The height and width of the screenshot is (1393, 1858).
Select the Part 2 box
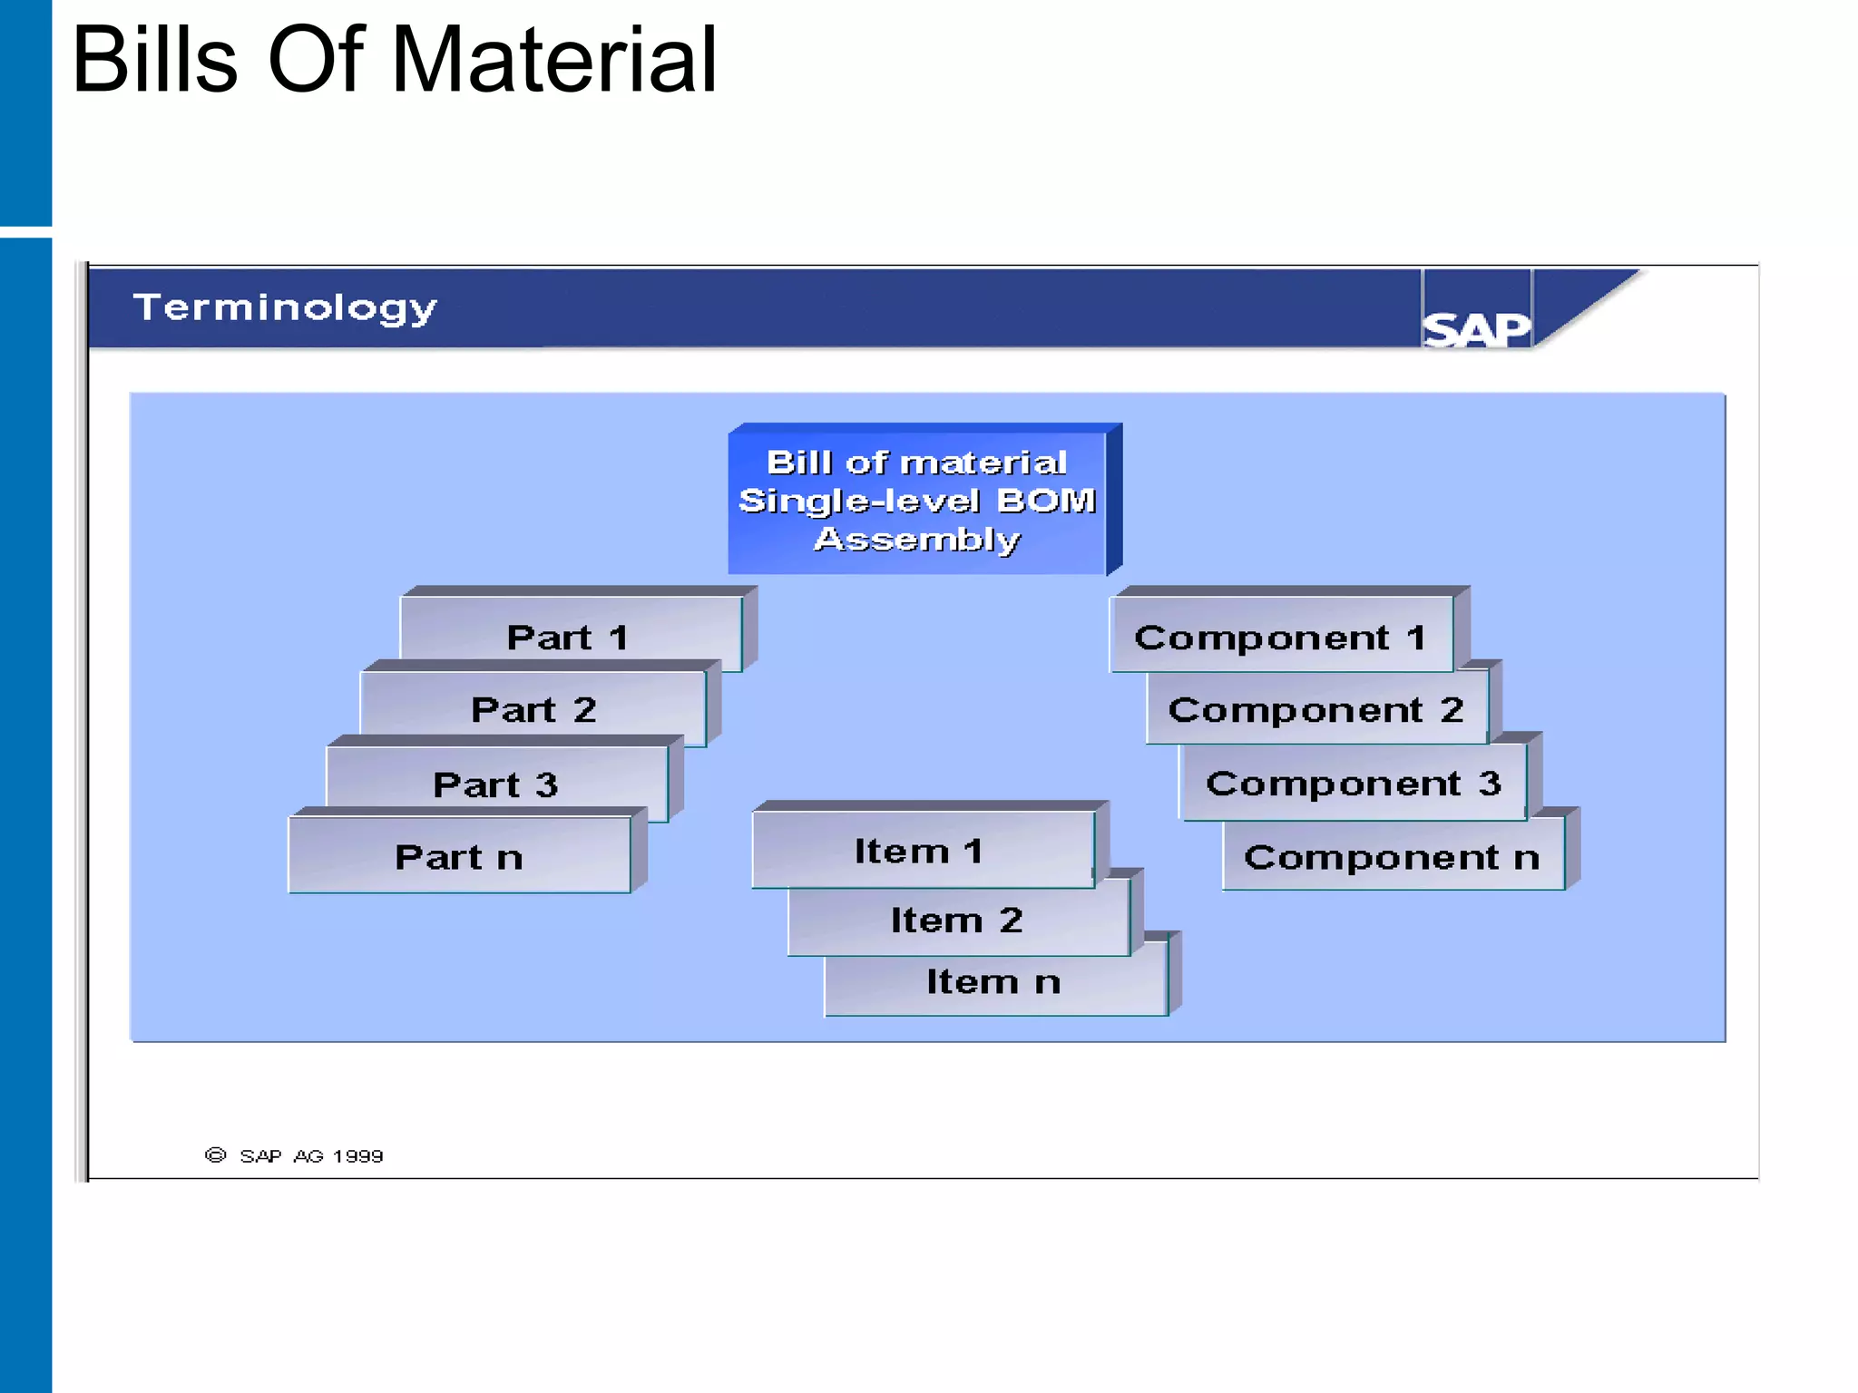[533, 709]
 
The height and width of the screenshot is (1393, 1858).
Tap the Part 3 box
[496, 784]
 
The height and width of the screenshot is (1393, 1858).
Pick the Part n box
[459, 856]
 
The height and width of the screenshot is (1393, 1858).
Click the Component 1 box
[1280, 637]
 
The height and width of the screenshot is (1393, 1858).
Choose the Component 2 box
[1315, 709]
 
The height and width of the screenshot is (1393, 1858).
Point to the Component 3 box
[1353, 783]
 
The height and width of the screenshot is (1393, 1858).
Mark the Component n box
[1392, 856]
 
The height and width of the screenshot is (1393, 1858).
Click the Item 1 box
[920, 851]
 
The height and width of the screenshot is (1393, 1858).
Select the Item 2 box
[957, 920]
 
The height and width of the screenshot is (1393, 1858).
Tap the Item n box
[993, 981]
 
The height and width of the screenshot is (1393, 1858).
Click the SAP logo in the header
[1476, 328]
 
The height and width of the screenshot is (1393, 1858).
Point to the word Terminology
[285, 307]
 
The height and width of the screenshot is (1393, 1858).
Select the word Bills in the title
[154, 60]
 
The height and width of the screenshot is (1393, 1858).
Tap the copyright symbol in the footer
[215, 1154]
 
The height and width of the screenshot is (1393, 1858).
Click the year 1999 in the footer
[357, 1156]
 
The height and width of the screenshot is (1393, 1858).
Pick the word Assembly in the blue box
[917, 540]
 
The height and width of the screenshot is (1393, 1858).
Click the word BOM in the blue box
[1046, 501]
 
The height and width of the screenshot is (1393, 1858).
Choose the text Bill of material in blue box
[916, 463]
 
